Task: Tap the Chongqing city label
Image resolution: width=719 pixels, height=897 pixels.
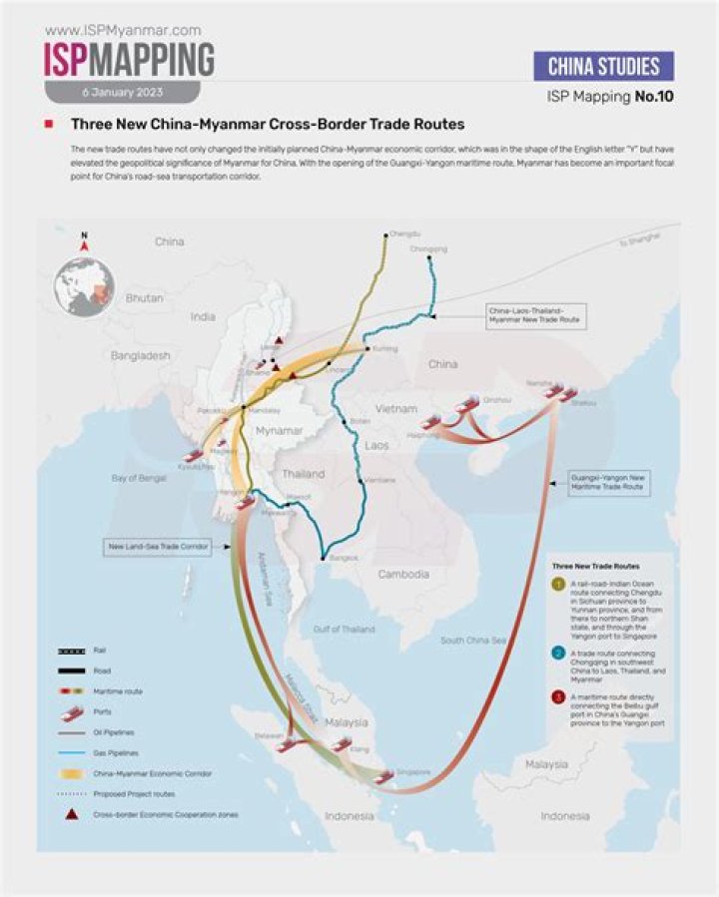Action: tap(428, 249)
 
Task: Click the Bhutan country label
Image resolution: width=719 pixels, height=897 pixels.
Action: tap(144, 298)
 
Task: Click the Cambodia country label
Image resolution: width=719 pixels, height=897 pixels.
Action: tap(403, 574)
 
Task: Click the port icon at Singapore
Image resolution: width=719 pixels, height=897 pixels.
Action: tap(382, 774)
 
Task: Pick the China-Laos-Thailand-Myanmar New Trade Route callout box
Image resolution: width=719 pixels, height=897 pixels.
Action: tap(534, 316)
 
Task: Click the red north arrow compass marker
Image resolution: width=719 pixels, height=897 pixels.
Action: tap(85, 241)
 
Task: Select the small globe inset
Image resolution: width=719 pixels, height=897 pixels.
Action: tap(85, 287)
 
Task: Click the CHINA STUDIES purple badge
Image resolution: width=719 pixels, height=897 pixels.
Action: tap(604, 67)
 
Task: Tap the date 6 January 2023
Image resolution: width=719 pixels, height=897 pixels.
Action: tap(123, 92)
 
